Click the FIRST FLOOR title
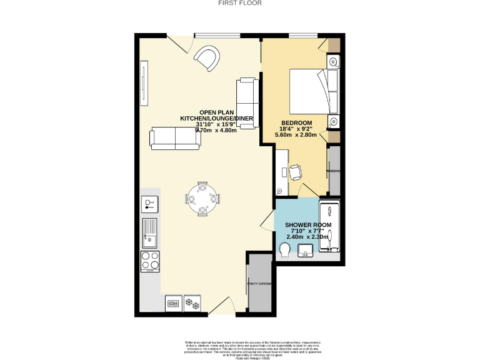[x=240, y=3]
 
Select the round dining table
[x=202, y=199]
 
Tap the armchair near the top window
[x=207, y=59]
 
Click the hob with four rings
[x=150, y=261]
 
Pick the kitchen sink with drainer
[x=150, y=231]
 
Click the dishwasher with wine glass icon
[x=150, y=204]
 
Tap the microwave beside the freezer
[x=174, y=304]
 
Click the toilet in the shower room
[x=285, y=250]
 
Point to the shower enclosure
[x=329, y=227]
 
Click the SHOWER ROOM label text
[x=308, y=224]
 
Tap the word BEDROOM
[x=296, y=122]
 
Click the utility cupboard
[x=257, y=283]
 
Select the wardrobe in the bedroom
[x=334, y=170]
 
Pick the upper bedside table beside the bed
[x=334, y=61]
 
